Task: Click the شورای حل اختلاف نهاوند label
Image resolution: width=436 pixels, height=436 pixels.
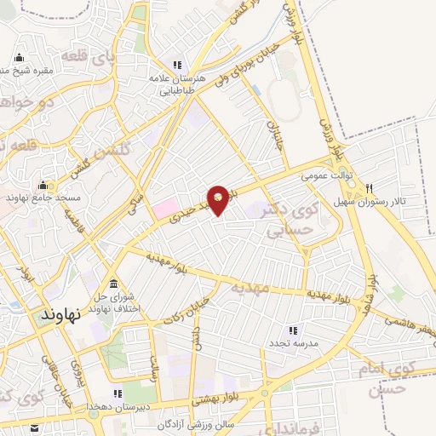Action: [x=114, y=302]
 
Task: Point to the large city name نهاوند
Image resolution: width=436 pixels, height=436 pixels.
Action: [x=60, y=314]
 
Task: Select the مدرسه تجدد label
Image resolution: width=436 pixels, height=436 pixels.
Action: [x=294, y=342]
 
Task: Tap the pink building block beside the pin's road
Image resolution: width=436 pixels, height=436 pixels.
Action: [x=165, y=207]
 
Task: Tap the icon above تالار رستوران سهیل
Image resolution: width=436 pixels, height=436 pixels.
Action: [x=371, y=187]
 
